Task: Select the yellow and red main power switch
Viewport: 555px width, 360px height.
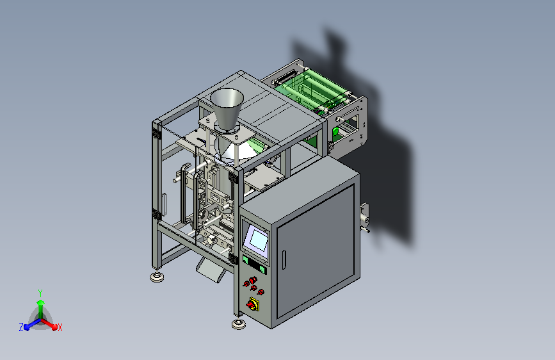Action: (253, 304)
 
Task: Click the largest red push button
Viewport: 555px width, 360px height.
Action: (252, 281)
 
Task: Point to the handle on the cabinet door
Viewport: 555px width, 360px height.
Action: (284, 259)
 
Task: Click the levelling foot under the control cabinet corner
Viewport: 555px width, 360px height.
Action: (239, 324)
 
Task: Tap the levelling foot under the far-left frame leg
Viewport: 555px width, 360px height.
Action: (157, 277)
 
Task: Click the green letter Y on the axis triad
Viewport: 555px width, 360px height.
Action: (40, 293)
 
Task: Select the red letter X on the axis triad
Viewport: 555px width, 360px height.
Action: (60, 328)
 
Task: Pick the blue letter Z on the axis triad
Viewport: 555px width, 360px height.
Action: (21, 327)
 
